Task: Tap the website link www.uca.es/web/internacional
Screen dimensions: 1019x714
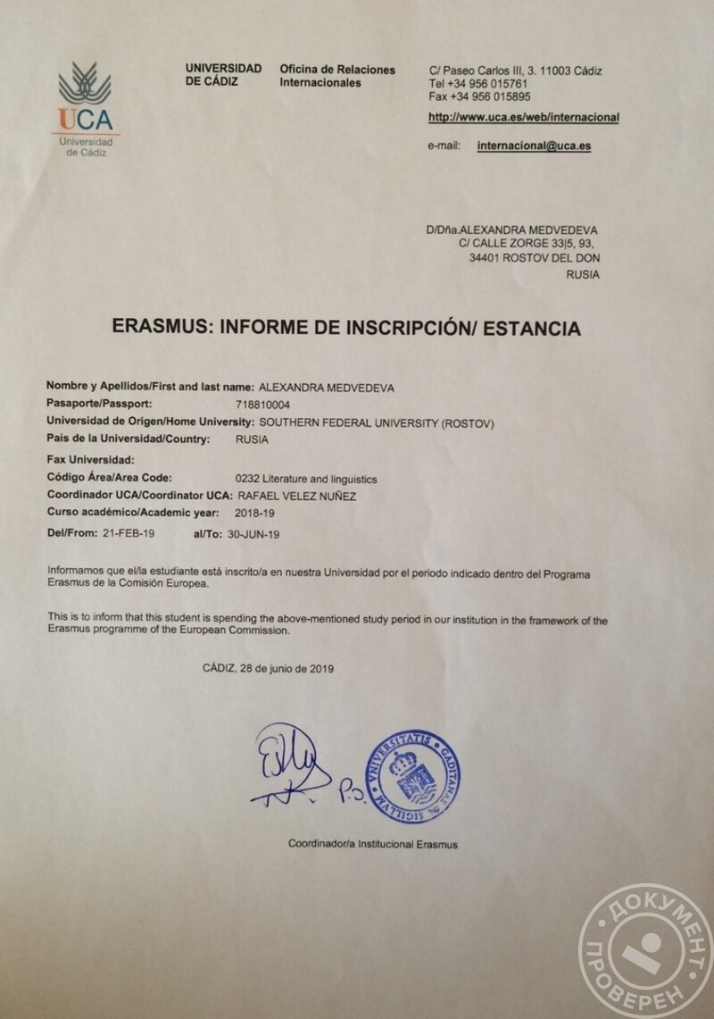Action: point(524,117)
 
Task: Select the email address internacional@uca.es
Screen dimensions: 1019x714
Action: point(535,145)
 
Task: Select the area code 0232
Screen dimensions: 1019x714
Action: point(247,479)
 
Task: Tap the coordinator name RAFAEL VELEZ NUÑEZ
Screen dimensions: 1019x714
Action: point(295,497)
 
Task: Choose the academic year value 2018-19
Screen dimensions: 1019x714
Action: point(256,514)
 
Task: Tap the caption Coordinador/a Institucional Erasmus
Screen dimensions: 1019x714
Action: point(372,844)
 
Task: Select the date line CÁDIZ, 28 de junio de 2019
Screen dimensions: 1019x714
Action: point(268,668)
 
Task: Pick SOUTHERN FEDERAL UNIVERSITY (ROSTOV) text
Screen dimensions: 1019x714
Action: point(375,422)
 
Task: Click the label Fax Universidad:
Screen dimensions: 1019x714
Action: point(89,460)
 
